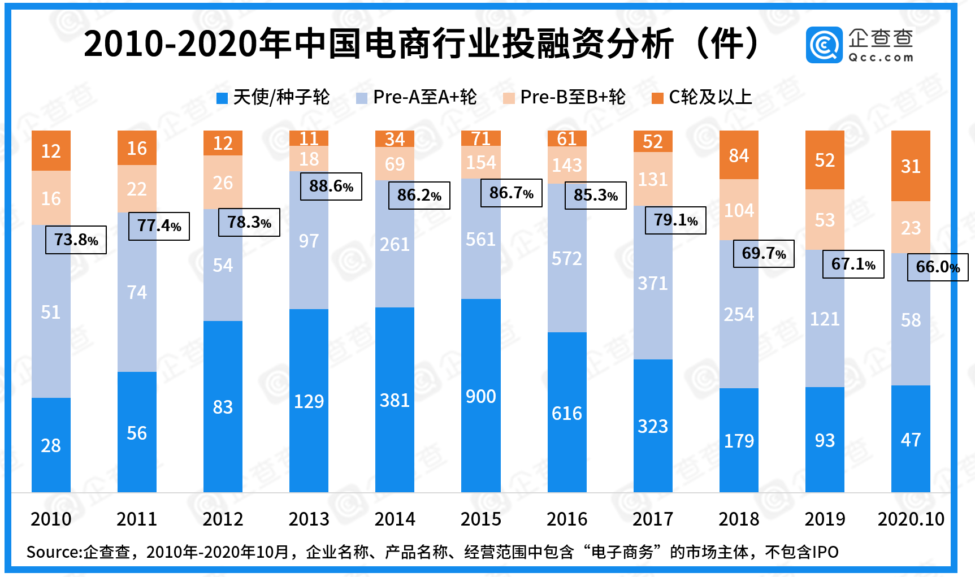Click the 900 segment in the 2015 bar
click(480, 396)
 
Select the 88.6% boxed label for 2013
click(331, 186)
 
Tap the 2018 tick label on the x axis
click(739, 519)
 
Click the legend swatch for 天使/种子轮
click(222, 98)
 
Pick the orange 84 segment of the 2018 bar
click(739, 155)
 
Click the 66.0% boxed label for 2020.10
click(937, 267)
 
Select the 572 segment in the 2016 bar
click(566, 258)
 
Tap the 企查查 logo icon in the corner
click(824, 45)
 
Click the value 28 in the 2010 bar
click(51, 445)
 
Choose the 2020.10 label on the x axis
click(911, 519)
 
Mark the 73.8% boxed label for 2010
click(76, 240)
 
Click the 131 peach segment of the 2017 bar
click(653, 179)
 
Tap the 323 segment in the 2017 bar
click(653, 426)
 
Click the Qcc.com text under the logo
click(881, 57)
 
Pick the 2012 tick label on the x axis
click(223, 519)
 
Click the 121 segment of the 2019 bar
click(825, 319)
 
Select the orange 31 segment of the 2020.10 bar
click(911, 166)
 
